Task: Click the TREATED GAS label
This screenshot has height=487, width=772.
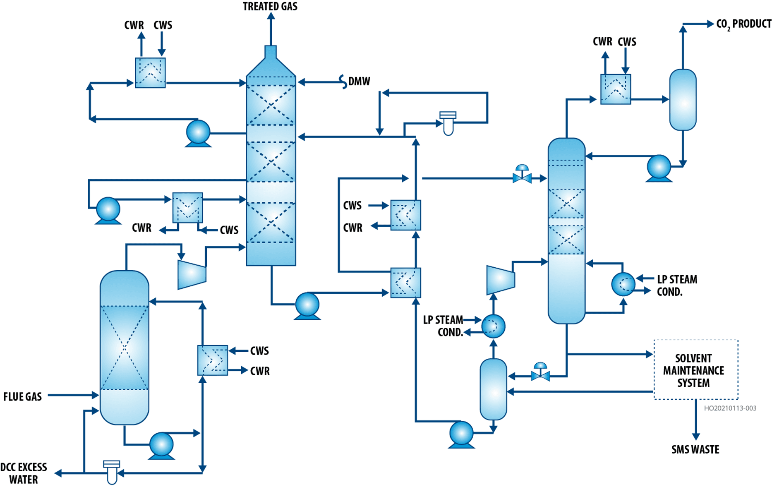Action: (x=270, y=7)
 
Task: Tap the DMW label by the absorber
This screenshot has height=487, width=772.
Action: (x=359, y=82)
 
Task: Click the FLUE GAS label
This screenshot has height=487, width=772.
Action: (x=23, y=397)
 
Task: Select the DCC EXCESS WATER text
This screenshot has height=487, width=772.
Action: (x=24, y=473)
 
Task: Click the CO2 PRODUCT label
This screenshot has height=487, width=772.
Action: (x=743, y=24)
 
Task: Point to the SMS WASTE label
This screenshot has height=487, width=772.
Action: (x=695, y=449)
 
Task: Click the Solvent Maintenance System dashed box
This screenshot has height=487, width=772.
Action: (x=695, y=370)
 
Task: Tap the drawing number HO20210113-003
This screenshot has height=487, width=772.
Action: (x=730, y=408)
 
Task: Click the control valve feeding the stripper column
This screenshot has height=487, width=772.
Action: (x=522, y=175)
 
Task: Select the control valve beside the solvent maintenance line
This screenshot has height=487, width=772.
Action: (x=540, y=373)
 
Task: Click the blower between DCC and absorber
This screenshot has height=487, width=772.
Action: (x=192, y=273)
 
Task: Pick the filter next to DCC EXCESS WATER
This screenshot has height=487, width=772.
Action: (x=112, y=472)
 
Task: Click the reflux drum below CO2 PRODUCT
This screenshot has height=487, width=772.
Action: (x=683, y=100)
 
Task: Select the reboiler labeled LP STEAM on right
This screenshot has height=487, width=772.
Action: (x=623, y=285)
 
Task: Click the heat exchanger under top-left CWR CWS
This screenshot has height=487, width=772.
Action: (x=150, y=73)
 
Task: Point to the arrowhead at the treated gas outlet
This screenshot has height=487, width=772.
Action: (x=271, y=16)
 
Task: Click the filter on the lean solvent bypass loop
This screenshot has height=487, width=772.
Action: (x=448, y=123)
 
